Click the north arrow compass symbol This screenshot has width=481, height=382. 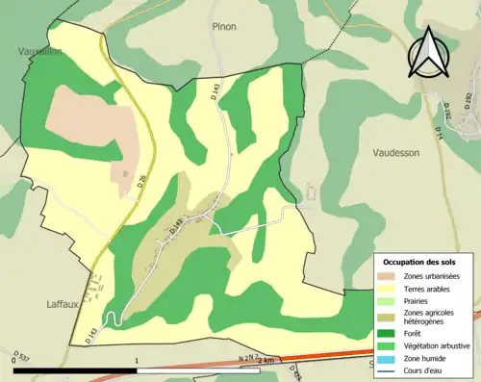tap(429, 52)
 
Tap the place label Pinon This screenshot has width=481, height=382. tap(223, 27)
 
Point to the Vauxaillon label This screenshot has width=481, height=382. tap(38, 51)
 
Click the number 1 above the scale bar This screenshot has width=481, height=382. tap(138, 360)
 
